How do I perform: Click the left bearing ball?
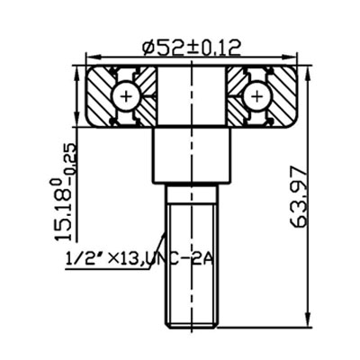pyautogui.click(x=126, y=94)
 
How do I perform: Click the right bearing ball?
pyautogui.click(x=256, y=94)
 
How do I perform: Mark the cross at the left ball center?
pyautogui.click(x=126, y=94)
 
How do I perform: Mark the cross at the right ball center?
pyautogui.click(x=256, y=94)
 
